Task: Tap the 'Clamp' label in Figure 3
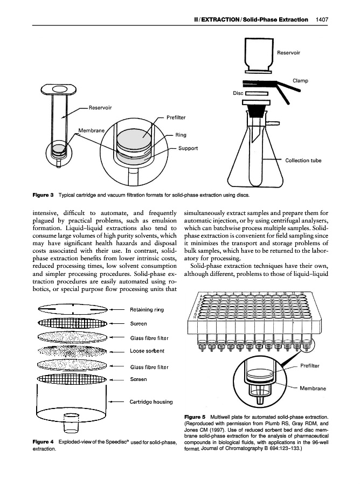pyautogui.click(x=301, y=81)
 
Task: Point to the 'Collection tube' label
pyautogui.click(x=304, y=160)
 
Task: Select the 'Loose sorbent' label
pyautogui.click(x=148, y=351)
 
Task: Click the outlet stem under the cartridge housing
pyautogui.click(x=72, y=422)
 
